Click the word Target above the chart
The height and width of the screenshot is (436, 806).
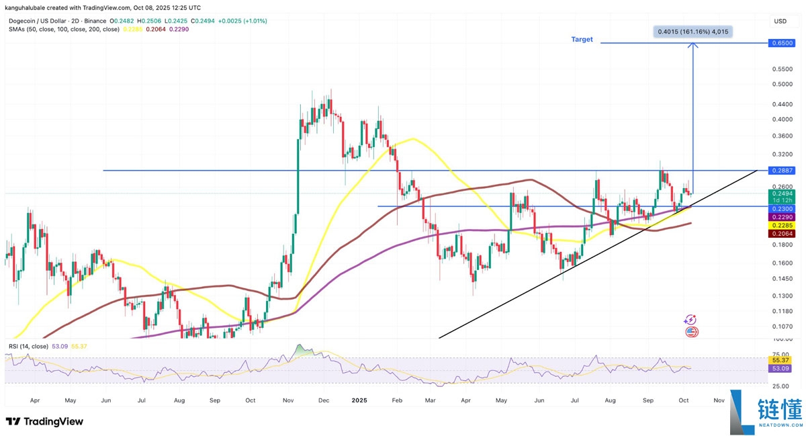point(582,40)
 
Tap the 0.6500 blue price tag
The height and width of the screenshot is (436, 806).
point(782,43)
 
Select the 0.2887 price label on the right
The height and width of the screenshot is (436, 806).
point(782,171)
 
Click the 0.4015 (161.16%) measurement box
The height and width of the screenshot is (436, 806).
point(691,31)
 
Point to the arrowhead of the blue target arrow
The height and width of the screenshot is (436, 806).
point(692,45)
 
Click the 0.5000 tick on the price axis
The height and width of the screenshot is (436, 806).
point(782,85)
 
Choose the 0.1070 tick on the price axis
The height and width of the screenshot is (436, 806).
point(782,326)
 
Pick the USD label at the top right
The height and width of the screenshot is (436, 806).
point(780,21)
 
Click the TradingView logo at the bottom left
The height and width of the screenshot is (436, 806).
point(44,421)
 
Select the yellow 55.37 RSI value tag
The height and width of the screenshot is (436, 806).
point(782,361)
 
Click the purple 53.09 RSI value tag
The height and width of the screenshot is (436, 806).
point(782,368)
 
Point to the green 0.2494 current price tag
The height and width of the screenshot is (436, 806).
point(782,194)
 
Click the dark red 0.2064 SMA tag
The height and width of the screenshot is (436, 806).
point(782,233)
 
